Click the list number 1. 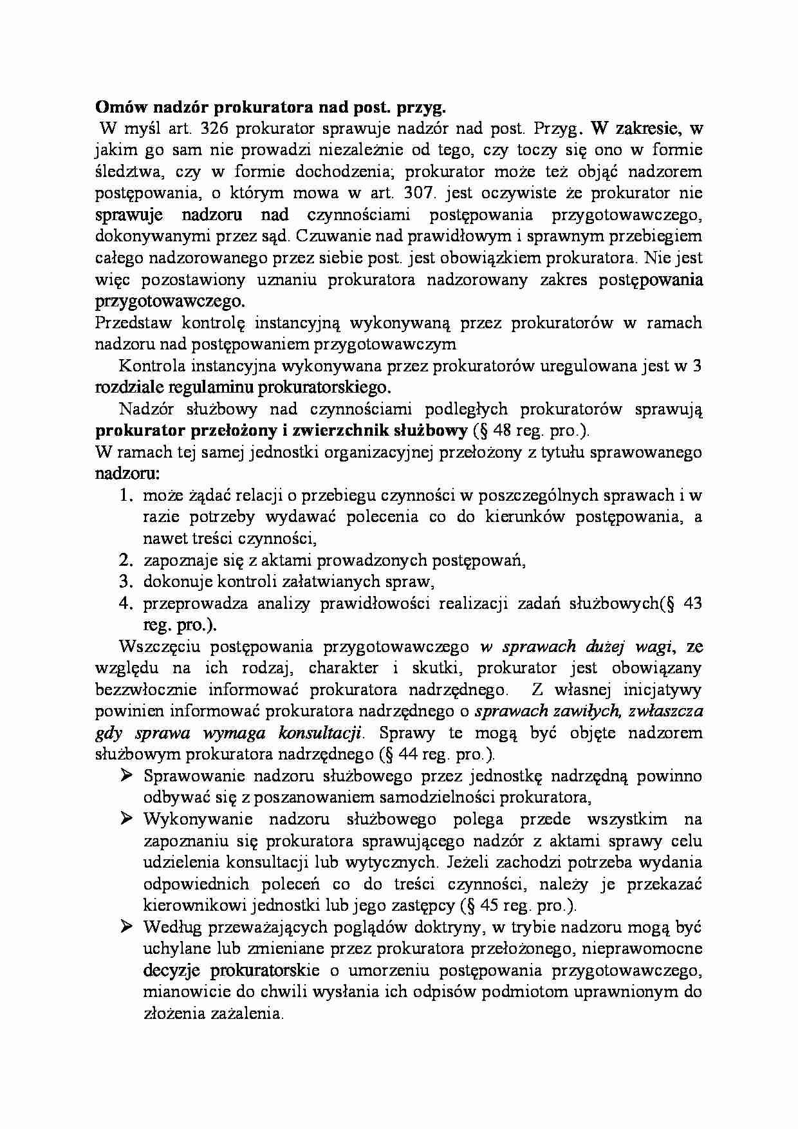point(125,496)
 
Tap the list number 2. point(125,561)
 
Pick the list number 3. point(125,582)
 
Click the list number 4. point(125,604)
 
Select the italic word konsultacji point(320,733)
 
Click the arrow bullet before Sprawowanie point(126,776)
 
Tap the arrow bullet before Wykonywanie point(126,819)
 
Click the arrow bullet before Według point(126,927)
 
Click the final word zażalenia point(246,1014)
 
